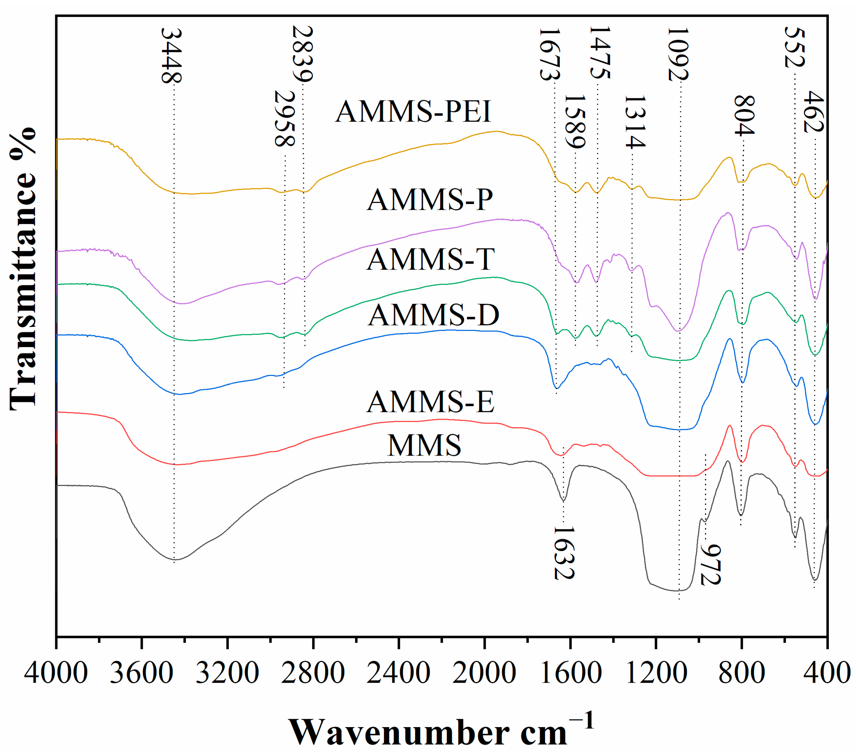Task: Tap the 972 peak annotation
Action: [x=710, y=564]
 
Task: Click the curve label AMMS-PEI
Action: [x=413, y=112]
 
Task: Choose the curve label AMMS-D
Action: [x=433, y=315]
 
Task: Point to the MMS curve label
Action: [x=424, y=445]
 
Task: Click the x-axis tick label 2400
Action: [x=398, y=673]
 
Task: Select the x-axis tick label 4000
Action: [x=56, y=673]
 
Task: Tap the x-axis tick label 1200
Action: [x=656, y=673]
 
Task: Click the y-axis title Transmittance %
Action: [x=23, y=268]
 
